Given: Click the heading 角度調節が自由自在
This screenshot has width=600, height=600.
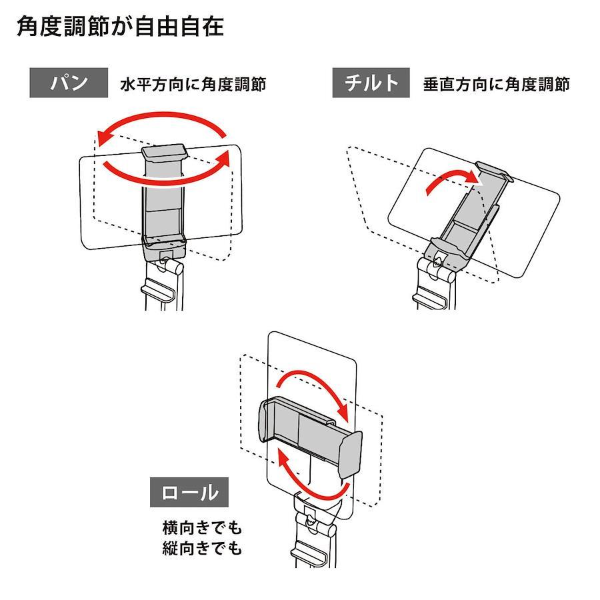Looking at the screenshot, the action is click(x=120, y=27).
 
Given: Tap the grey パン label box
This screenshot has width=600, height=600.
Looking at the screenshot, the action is click(x=69, y=83).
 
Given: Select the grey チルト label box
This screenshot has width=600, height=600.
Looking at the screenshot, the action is click(x=371, y=83).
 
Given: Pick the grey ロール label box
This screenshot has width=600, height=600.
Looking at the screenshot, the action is click(x=189, y=492).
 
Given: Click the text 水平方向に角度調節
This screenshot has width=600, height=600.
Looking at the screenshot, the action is click(x=193, y=85).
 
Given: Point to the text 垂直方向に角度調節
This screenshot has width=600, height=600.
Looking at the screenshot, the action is click(x=496, y=85).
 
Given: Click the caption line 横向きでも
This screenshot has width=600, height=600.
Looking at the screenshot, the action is click(x=202, y=528).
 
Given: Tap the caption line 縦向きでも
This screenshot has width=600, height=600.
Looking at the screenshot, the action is click(x=202, y=549).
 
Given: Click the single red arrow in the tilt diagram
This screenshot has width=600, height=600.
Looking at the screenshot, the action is click(x=451, y=180).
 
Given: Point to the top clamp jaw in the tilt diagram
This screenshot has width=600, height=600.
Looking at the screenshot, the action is click(x=493, y=171).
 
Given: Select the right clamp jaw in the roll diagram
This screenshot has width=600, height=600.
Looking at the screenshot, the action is click(x=350, y=455).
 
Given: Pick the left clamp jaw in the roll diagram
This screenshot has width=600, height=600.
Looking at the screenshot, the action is click(x=265, y=420).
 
